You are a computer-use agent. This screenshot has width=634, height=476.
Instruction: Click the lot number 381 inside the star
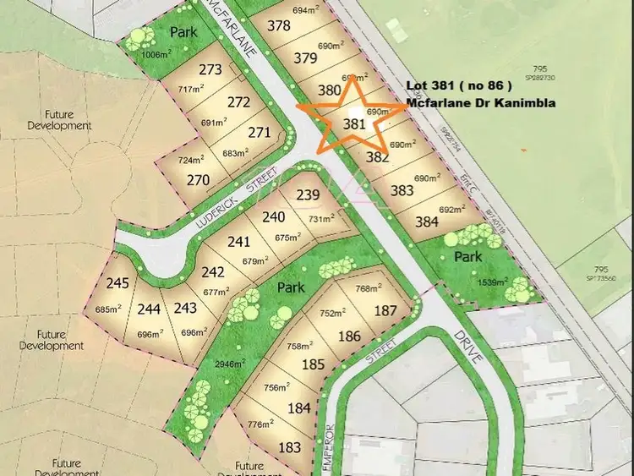pyautogui.click(x=355, y=123)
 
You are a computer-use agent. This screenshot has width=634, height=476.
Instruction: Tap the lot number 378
pyautogui.click(x=278, y=25)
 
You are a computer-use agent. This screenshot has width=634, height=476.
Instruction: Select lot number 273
pyautogui.click(x=210, y=70)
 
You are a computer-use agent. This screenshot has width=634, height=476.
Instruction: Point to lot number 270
pyautogui.click(x=198, y=179)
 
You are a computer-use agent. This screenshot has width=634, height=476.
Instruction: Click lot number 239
pyautogui.click(x=308, y=195)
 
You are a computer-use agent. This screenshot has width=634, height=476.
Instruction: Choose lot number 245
pyautogui.click(x=118, y=283)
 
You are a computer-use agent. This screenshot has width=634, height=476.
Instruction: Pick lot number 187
pyautogui.click(x=385, y=310)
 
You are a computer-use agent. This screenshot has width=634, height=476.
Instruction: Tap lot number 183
pyautogui.click(x=289, y=447)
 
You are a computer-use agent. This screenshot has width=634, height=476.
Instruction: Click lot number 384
pyautogui.click(x=427, y=222)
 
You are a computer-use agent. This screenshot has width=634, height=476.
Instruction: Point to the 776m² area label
pyautogui.click(x=260, y=424)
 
